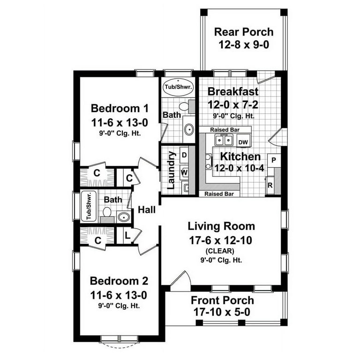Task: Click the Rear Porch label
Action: [243, 32]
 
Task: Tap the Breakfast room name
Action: [233, 91]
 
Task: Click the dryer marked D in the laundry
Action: [185, 155]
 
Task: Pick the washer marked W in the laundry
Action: [185, 172]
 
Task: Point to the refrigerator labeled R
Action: [270, 185]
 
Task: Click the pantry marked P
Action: [273, 160]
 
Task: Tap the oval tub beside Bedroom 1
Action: [178, 87]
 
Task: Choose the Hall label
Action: [147, 210]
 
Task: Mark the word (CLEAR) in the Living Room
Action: [221, 250]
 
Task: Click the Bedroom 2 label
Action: [119, 281]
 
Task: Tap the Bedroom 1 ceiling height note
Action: [120, 133]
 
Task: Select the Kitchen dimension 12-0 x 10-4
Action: [240, 168]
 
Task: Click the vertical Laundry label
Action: [172, 170]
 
